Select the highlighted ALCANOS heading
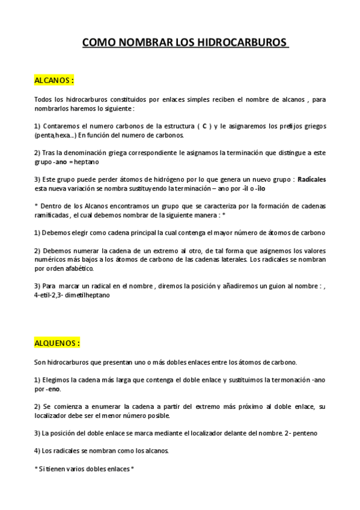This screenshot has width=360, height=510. click(54, 79)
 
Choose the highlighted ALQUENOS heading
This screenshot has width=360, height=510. click(57, 343)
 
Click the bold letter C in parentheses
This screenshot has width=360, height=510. click(204, 126)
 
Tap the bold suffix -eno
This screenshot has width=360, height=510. click(53, 389)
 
